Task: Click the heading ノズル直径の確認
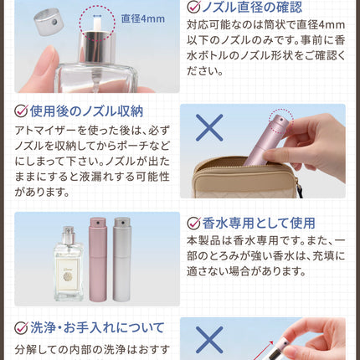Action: (252, 7)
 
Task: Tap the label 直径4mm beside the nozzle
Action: (143, 19)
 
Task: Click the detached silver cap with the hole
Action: (49, 22)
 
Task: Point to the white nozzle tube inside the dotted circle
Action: (97, 23)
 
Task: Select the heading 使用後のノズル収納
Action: (86, 111)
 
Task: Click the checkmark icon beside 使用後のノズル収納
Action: (21, 111)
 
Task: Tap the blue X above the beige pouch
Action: (209, 127)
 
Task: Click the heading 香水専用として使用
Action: (259, 223)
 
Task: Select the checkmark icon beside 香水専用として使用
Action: (193, 223)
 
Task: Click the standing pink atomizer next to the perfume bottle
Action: (98, 260)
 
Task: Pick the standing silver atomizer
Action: (122, 260)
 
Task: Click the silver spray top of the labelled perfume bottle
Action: (69, 235)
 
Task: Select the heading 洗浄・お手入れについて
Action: (97, 327)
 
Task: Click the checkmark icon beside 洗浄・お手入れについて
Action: (21, 327)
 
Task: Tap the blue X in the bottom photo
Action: (209, 340)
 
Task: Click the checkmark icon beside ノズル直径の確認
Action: (193, 7)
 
